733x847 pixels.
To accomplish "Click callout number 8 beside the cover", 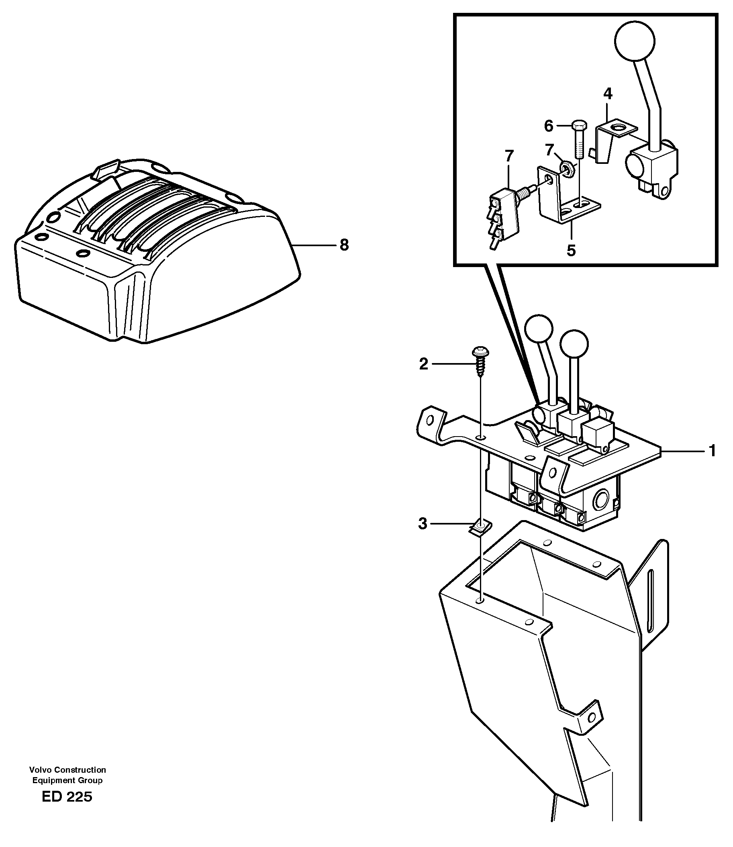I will point(344,245).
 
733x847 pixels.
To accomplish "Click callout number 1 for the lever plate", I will point(712,451).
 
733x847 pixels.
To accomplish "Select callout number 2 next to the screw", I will point(423,363).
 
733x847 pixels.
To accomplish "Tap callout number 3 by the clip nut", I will point(423,523).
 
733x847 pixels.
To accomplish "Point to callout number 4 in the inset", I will point(608,94).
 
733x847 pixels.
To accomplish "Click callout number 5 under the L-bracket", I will point(571,250).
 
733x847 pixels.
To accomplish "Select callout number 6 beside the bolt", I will point(549,127).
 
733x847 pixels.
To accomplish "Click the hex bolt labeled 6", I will point(580,139).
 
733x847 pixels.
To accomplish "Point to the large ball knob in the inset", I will point(635,41).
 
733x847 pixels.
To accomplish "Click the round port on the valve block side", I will point(601,500).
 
